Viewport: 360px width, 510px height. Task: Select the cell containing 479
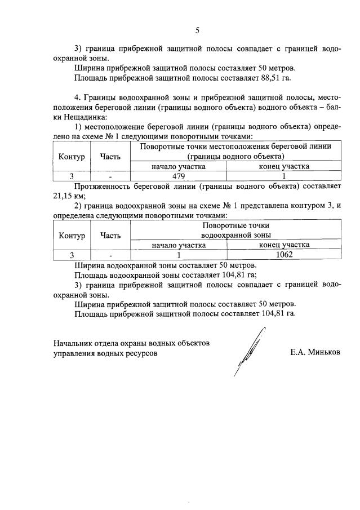click(179, 175)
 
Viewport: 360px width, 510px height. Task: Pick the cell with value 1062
click(284, 254)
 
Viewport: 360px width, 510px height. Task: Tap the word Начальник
click(74, 343)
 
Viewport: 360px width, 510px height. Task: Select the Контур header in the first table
click(72, 156)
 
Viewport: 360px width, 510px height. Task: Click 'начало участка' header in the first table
click(179, 166)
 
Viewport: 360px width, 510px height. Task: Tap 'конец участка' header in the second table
click(284, 245)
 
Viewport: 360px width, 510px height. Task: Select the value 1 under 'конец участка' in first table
click(284, 175)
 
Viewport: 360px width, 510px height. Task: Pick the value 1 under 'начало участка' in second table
click(179, 254)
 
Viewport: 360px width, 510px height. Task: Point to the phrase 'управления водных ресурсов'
click(105, 353)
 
